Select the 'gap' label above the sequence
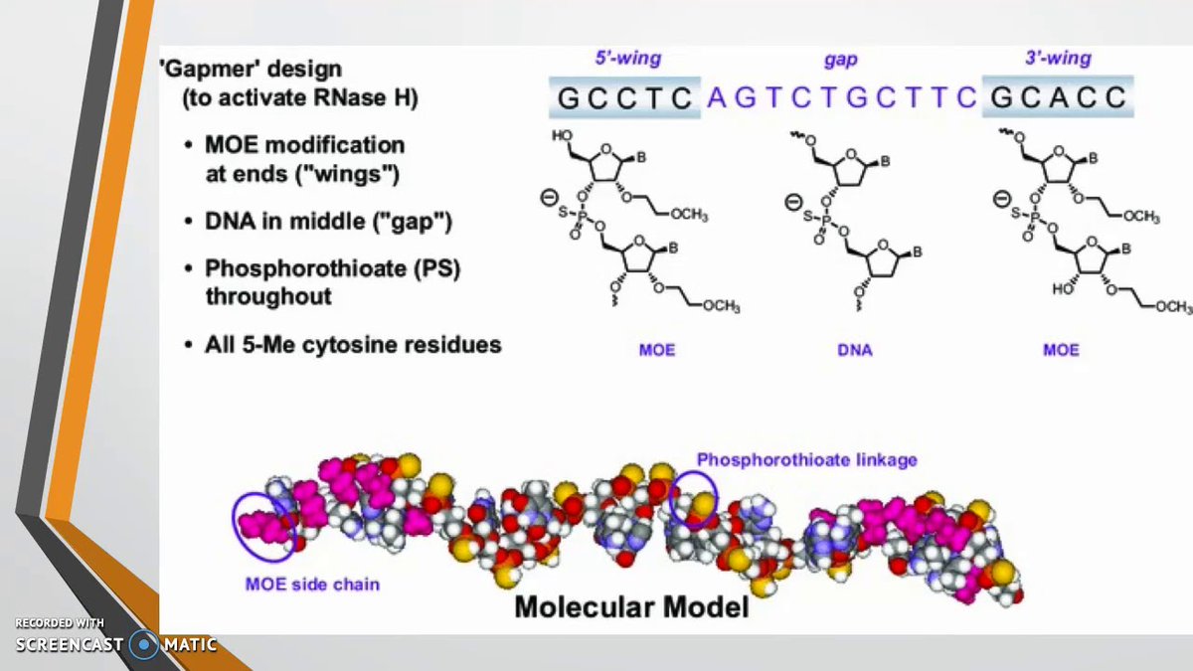pos(841,59)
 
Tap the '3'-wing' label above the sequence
pos(1058,59)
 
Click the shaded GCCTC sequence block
pos(625,97)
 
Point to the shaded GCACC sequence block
pos(1058,97)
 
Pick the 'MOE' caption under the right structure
pos(1060,350)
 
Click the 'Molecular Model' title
pos(631,605)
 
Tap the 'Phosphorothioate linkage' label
pos(806,459)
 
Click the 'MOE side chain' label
pos(312,584)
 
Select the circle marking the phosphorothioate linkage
pos(693,497)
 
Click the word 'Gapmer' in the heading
pos(203,71)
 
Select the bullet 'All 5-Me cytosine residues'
pos(353,346)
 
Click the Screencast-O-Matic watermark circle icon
pos(145,644)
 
